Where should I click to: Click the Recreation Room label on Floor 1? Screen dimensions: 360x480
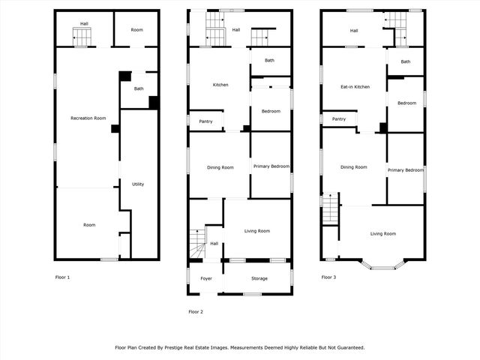pyautogui.click(x=88, y=118)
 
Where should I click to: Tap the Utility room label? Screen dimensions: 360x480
pyautogui.click(x=138, y=184)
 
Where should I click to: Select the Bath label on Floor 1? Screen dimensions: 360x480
pyautogui.click(x=139, y=89)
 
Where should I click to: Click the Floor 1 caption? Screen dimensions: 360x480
pyautogui.click(x=63, y=277)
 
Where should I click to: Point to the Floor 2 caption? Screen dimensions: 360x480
pyautogui.click(x=196, y=311)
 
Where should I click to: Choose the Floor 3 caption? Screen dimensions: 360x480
pyautogui.click(x=328, y=277)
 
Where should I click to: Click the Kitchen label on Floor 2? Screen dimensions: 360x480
pyautogui.click(x=220, y=85)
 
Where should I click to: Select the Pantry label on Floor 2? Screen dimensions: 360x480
pyautogui.click(x=205, y=121)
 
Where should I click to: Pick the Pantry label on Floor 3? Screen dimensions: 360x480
pyautogui.click(x=339, y=118)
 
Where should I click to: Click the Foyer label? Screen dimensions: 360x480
pyautogui.click(x=206, y=278)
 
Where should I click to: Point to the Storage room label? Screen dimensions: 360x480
pyautogui.click(x=259, y=278)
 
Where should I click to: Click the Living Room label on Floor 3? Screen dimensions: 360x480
pyautogui.click(x=382, y=234)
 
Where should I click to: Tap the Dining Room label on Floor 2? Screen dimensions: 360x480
pyautogui.click(x=220, y=166)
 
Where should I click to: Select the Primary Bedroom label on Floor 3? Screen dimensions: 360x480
pyautogui.click(x=406, y=170)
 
